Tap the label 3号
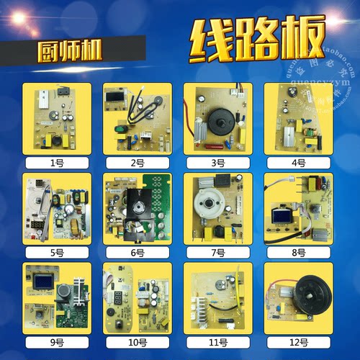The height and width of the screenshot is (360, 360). click(217, 163)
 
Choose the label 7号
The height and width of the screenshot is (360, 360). click(217, 253)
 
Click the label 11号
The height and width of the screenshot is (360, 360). click(217, 343)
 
